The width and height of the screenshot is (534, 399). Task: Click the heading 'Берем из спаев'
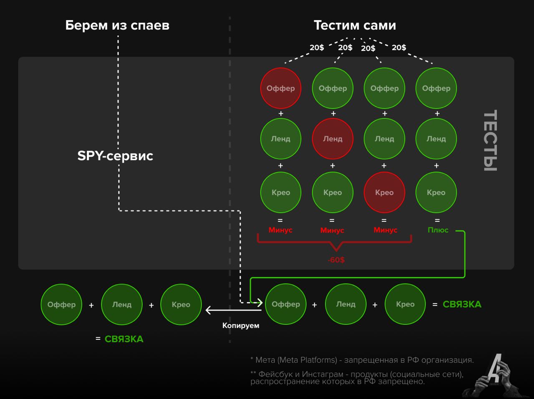(117, 25)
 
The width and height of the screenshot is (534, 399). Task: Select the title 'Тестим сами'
(355, 25)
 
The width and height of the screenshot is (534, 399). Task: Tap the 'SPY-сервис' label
(115, 156)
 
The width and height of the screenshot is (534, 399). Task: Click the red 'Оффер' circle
(281, 88)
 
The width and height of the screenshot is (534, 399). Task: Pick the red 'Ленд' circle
(332, 139)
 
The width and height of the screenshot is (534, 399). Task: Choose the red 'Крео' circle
(384, 192)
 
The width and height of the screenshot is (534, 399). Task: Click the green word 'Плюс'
(438, 230)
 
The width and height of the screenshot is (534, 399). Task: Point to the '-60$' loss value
(336, 260)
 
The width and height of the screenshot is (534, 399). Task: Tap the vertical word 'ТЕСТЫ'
(490, 141)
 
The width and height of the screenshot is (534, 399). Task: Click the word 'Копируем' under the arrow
(241, 326)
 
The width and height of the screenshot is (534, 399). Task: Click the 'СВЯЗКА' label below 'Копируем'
(124, 339)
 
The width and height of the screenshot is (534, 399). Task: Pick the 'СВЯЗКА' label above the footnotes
(462, 305)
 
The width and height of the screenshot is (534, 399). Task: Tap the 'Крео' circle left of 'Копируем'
(181, 305)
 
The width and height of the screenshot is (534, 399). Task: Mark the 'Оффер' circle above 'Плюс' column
(436, 88)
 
